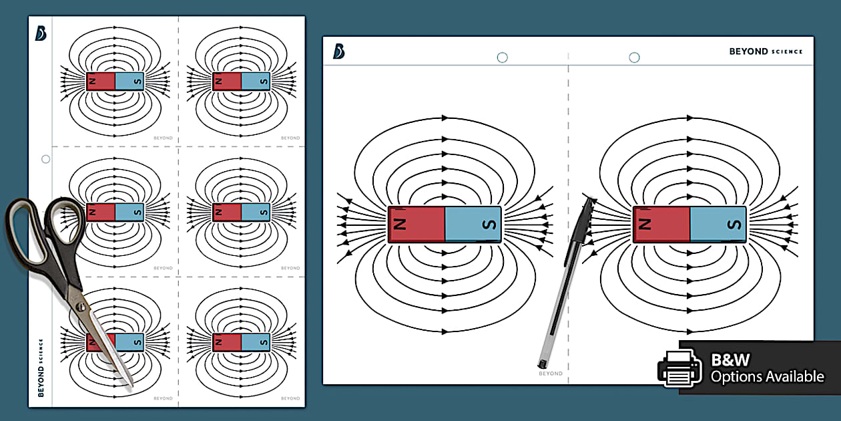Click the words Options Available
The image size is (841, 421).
tap(767, 377)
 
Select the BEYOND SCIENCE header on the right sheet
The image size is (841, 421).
tap(766, 51)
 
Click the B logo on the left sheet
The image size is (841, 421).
tap(41, 33)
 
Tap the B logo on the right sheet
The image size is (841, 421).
tap(338, 51)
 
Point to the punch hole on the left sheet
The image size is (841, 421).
tap(45, 159)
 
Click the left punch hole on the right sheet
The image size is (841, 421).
tap(502, 57)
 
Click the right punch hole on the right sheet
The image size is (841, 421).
tap(634, 57)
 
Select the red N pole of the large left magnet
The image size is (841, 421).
tap(416, 224)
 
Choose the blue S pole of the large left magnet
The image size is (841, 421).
tap(473, 224)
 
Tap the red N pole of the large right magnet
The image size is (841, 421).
tap(661, 224)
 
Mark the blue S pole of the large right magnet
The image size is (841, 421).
tap(718, 224)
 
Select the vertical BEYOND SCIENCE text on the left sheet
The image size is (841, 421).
tap(41, 368)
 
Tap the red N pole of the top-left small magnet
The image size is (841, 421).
tap(101, 82)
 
